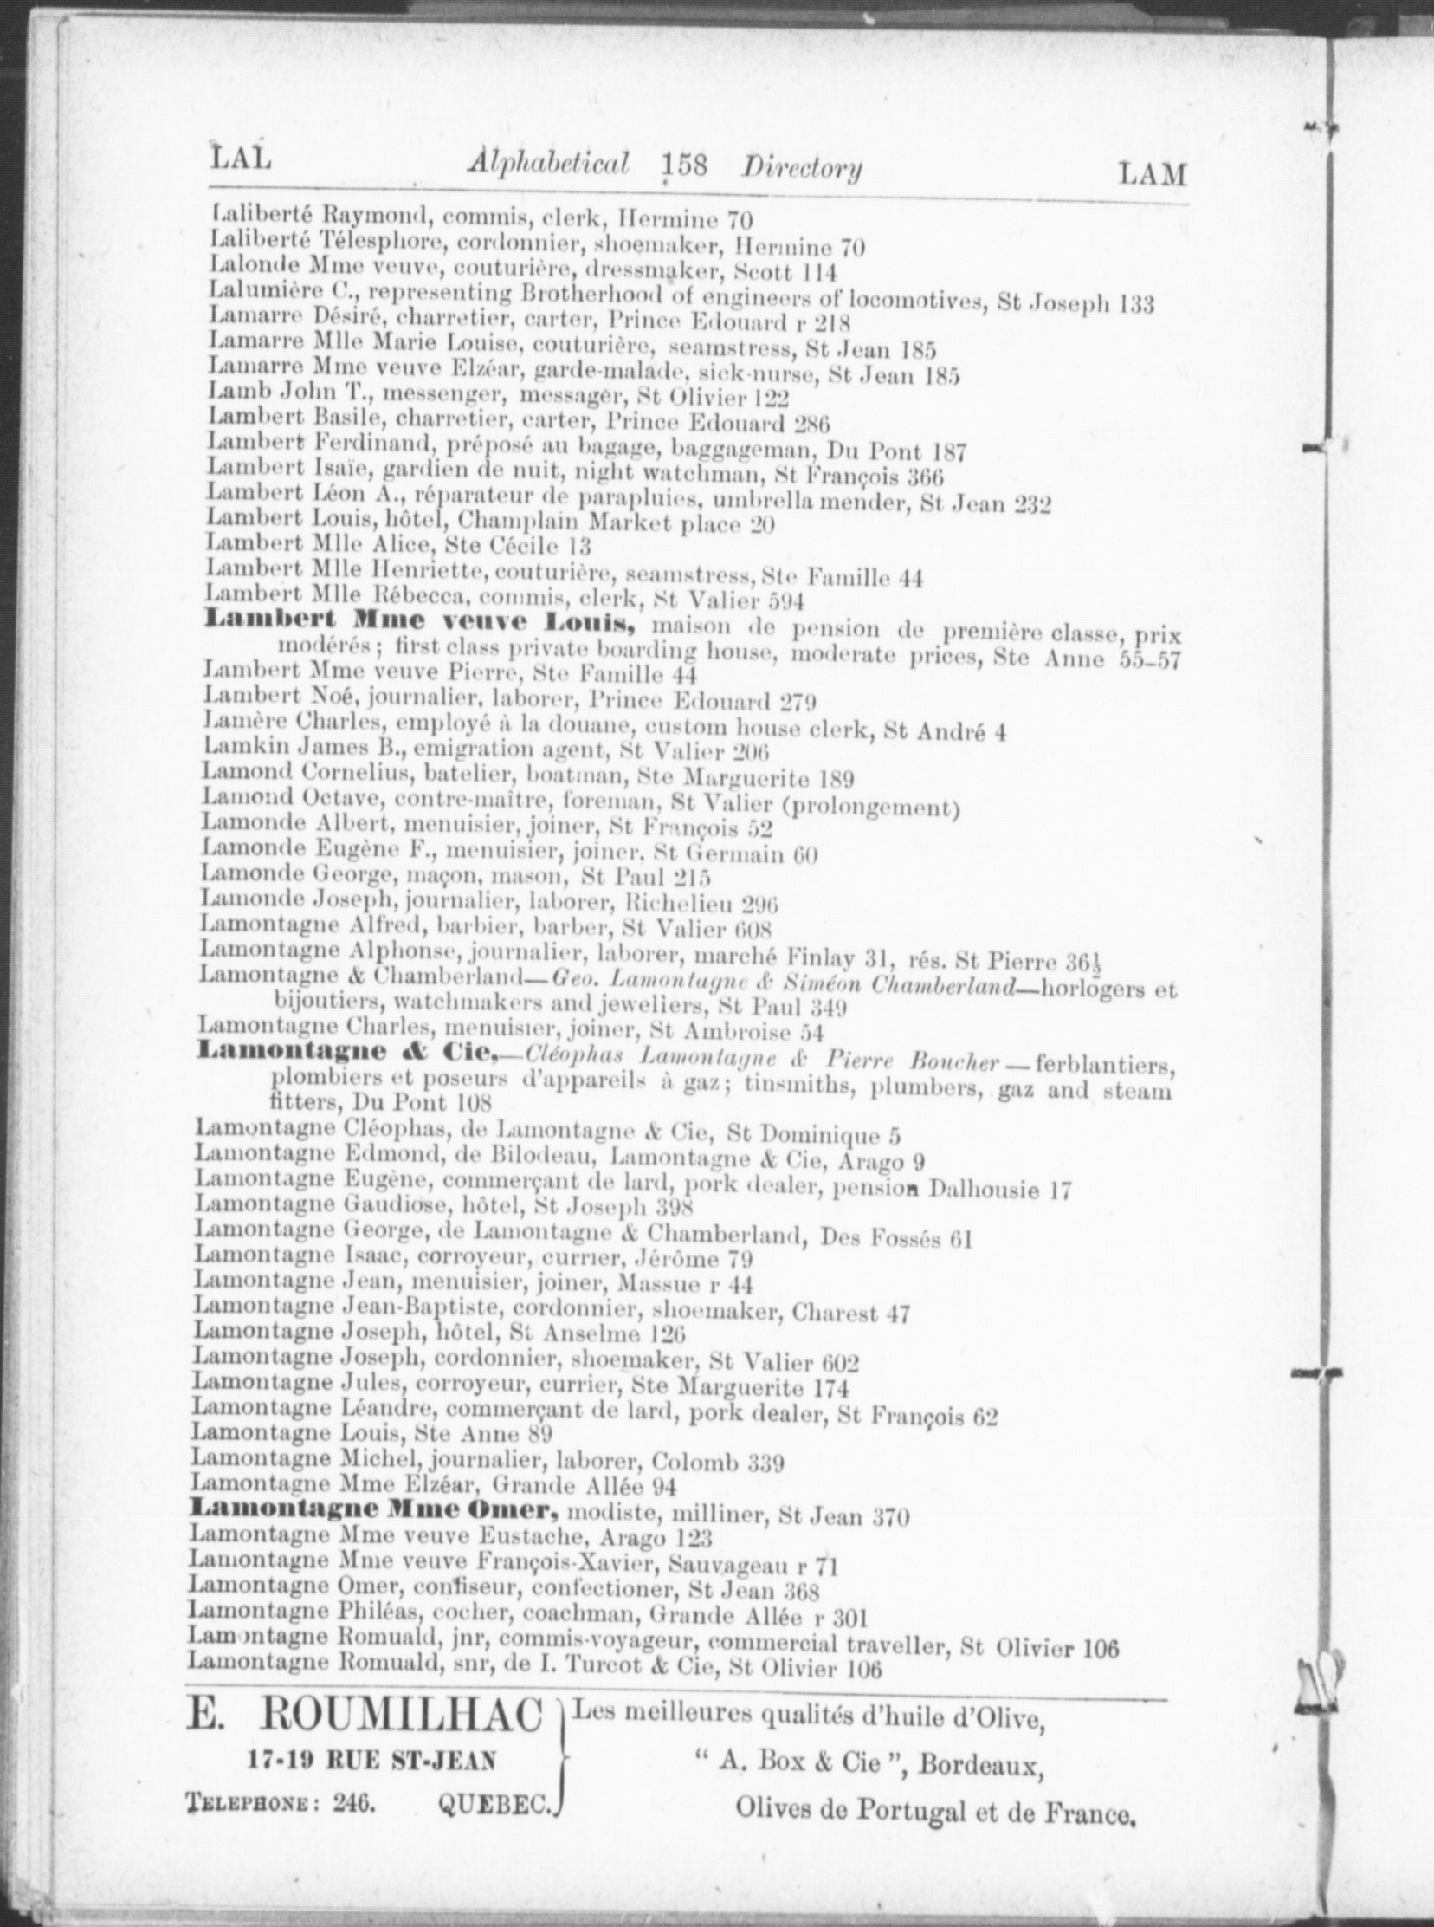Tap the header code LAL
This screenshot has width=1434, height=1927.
tap(241, 159)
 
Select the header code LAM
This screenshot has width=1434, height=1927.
tap(1152, 174)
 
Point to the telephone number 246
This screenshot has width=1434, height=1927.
tap(352, 1802)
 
